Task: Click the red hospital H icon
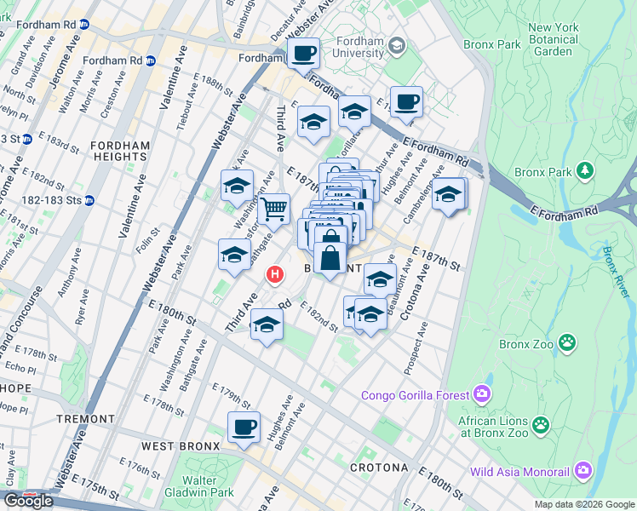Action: [274, 274]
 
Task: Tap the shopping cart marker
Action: [273, 207]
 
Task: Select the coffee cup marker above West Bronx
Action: [244, 427]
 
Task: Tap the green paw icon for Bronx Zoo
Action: [566, 343]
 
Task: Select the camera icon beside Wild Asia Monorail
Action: [583, 469]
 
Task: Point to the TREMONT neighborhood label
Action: [85, 419]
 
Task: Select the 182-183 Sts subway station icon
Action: [89, 200]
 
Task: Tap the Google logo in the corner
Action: [29, 500]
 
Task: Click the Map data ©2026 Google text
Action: [583, 504]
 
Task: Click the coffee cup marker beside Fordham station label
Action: [302, 55]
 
